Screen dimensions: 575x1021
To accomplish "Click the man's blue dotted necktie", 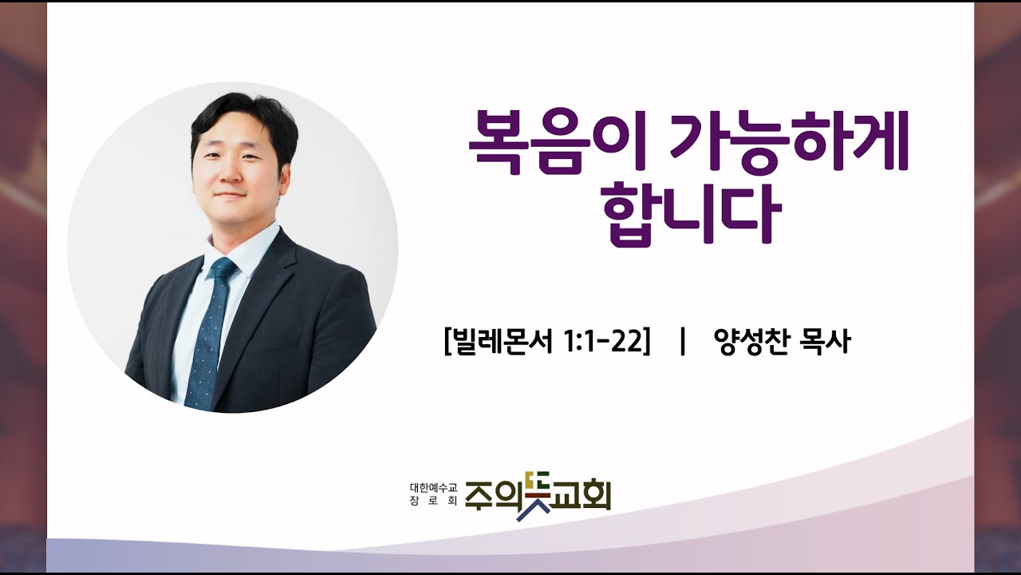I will click(210, 335).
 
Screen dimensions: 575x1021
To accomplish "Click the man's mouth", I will click(231, 194).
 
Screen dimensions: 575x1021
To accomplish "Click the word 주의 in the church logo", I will click(489, 496).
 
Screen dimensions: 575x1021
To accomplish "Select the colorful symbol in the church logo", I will click(533, 496).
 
